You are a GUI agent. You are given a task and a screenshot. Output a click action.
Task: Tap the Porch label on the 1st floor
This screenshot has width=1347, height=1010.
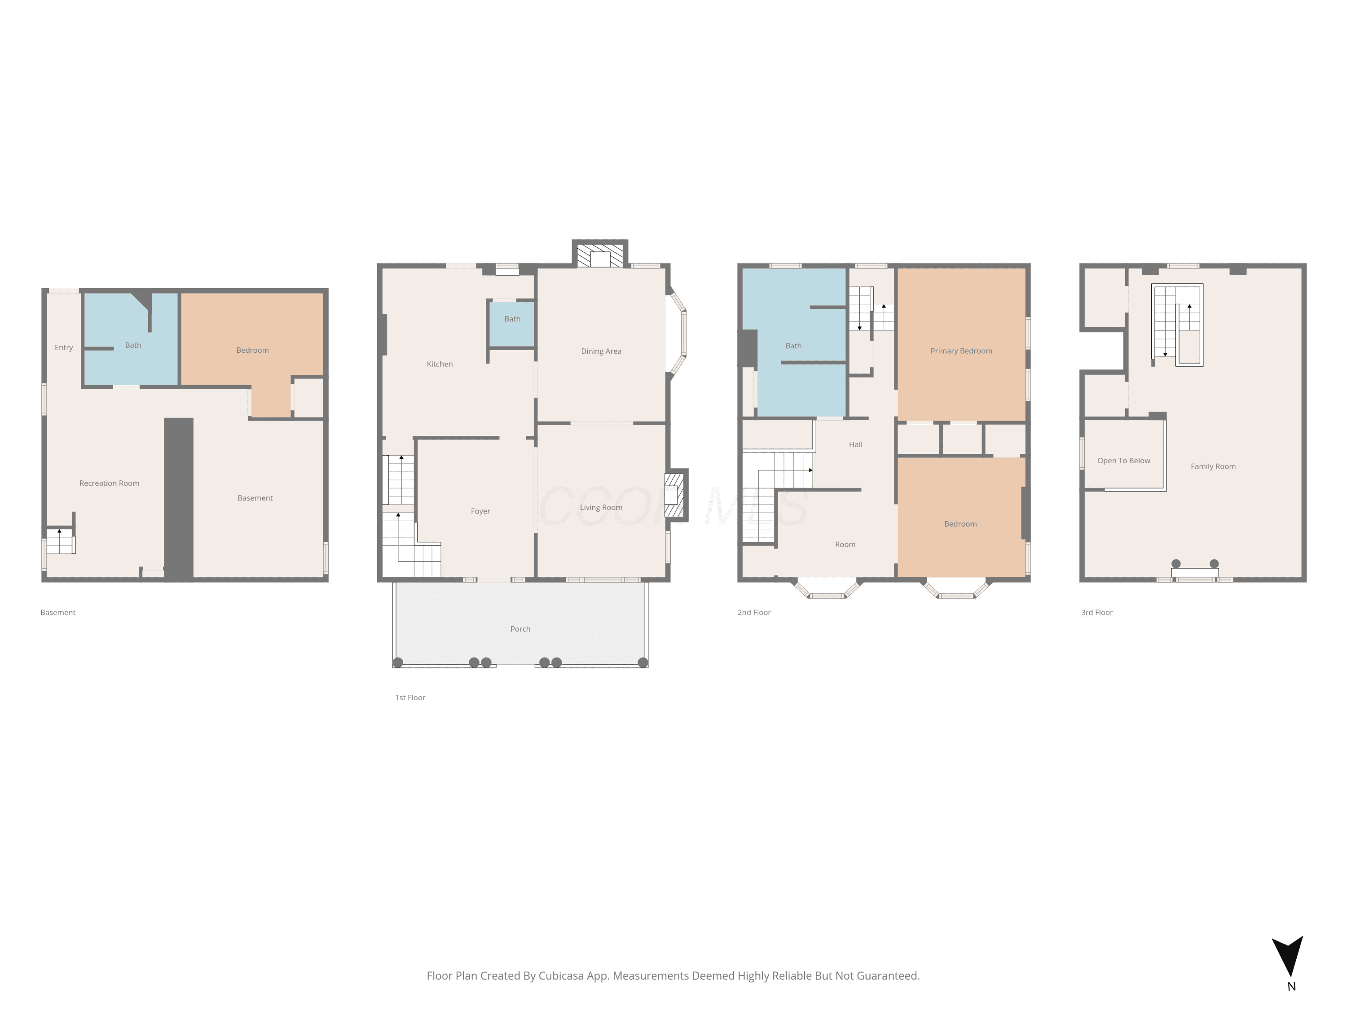tap(520, 629)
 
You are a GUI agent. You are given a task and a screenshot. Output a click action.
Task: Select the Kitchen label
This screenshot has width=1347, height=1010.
tap(440, 364)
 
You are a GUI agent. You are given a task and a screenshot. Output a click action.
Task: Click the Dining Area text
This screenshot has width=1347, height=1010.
tap(601, 351)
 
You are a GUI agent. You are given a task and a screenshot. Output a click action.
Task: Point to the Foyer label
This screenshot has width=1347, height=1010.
tap(480, 511)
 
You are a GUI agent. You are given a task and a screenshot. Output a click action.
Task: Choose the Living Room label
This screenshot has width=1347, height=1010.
tap(601, 508)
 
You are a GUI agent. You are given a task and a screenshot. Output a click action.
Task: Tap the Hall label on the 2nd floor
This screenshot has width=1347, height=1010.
tap(856, 444)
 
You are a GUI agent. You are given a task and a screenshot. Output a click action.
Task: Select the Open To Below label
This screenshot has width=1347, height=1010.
tap(1123, 461)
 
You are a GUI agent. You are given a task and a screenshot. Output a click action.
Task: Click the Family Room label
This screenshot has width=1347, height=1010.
tap(1213, 466)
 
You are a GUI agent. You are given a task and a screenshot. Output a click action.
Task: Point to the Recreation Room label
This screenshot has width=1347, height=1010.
tap(109, 483)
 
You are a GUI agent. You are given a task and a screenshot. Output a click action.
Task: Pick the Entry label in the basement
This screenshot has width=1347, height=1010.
tap(63, 347)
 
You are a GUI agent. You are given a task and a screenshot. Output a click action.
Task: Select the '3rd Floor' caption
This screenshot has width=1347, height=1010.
tap(1097, 612)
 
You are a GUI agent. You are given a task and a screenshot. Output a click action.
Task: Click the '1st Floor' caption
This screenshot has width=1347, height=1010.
tap(410, 698)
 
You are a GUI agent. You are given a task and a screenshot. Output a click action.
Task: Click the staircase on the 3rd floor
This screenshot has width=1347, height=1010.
tap(1176, 325)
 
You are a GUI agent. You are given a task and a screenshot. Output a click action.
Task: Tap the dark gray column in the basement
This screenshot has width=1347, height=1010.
tap(178, 499)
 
